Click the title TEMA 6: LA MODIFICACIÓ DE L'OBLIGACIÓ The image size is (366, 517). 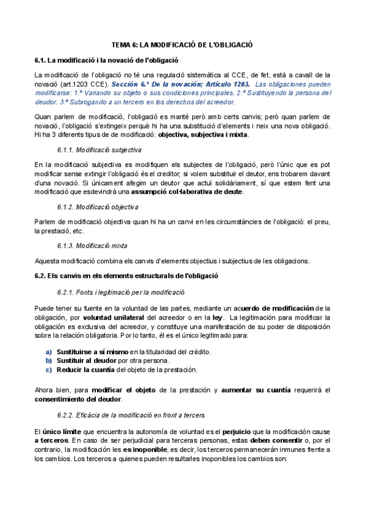click(182, 45)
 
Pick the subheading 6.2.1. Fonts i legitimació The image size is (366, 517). click(112, 292)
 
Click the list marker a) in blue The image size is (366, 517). click(49, 352)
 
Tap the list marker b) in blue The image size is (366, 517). click(49, 360)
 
